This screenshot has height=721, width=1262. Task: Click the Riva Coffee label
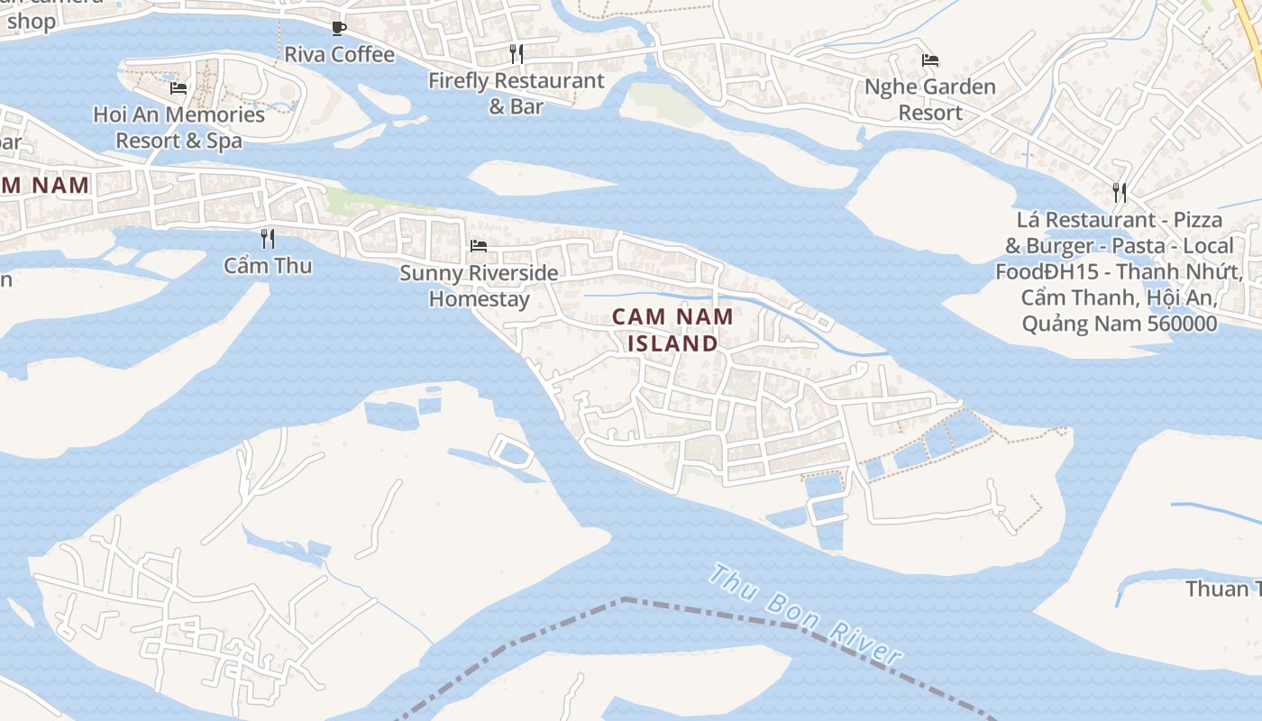(339, 55)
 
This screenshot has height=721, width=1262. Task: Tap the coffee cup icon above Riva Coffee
(339, 29)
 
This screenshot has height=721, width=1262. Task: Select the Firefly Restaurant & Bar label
(516, 93)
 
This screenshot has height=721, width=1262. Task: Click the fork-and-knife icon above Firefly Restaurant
(516, 54)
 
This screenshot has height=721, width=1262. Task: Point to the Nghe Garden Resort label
(930, 100)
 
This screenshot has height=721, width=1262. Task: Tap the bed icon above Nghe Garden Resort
(930, 60)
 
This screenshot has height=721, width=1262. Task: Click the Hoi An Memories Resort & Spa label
(179, 128)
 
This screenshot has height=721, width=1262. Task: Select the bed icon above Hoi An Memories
(178, 87)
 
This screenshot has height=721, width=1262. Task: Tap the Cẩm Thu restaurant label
(268, 265)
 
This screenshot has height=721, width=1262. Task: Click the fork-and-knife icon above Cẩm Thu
(268, 239)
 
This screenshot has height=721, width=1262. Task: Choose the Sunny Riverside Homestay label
(479, 286)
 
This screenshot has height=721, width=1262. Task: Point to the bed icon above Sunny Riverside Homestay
(479, 245)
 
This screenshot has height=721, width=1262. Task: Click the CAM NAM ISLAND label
(672, 330)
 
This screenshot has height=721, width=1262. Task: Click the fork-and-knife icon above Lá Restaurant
(1120, 192)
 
